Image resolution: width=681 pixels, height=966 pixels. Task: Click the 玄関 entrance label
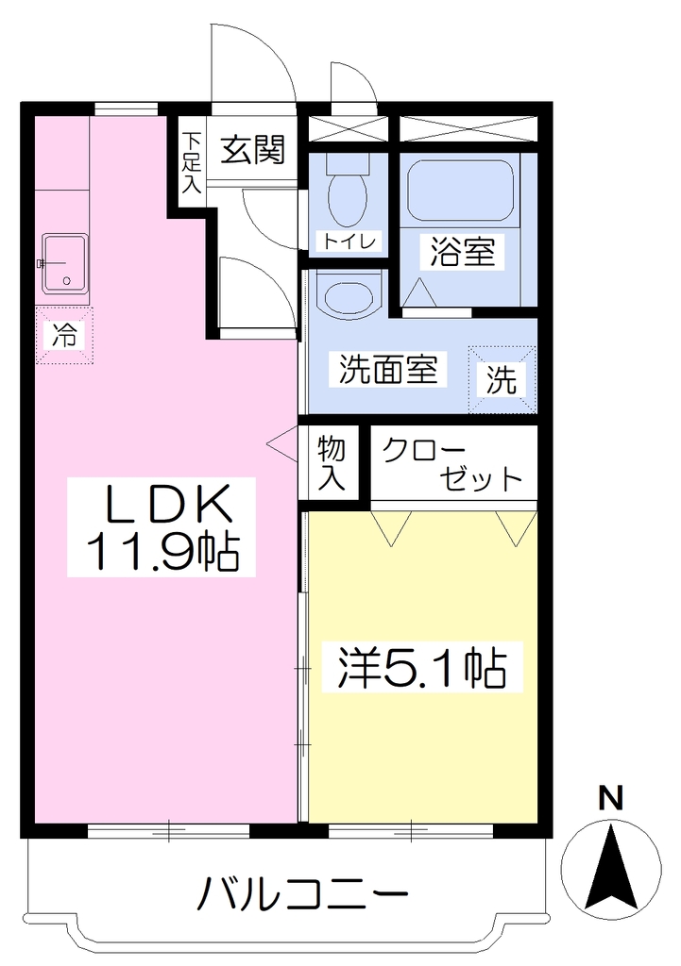(x=253, y=150)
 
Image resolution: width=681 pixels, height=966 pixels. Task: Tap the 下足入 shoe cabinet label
(x=191, y=164)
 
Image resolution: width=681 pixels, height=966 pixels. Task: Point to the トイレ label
(x=349, y=241)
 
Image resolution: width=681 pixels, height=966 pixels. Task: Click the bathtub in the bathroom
(x=460, y=191)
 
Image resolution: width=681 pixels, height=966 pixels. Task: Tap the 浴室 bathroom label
(x=463, y=251)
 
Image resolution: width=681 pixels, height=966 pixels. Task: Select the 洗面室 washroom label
(x=388, y=369)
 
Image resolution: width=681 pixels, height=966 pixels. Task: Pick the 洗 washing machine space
(x=502, y=379)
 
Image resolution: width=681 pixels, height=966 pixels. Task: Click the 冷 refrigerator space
(x=64, y=336)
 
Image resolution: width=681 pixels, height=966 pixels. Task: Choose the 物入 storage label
(x=332, y=462)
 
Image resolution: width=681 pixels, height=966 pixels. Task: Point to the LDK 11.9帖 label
(x=162, y=525)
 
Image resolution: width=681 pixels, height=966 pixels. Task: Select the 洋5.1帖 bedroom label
(x=422, y=667)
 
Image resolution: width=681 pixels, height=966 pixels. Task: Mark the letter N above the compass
(x=611, y=798)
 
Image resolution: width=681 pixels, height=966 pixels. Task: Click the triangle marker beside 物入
(x=282, y=442)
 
